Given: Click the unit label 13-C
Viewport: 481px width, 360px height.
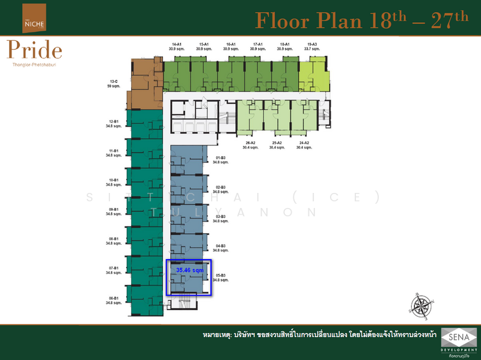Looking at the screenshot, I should (x=114, y=81).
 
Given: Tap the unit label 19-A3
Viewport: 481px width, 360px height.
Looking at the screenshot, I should (x=311, y=44).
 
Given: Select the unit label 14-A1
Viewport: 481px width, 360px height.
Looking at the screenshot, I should (x=177, y=44).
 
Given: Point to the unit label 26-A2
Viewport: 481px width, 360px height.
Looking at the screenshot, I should (x=250, y=143).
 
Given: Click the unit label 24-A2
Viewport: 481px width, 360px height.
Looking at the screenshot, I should (x=304, y=143).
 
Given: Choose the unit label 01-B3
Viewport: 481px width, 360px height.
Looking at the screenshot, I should (x=221, y=157).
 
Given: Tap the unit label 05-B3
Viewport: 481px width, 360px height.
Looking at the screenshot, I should (x=221, y=275).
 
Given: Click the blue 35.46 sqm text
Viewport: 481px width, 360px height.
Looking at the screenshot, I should (x=190, y=271).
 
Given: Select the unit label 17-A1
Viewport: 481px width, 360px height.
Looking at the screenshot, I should (x=258, y=44).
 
